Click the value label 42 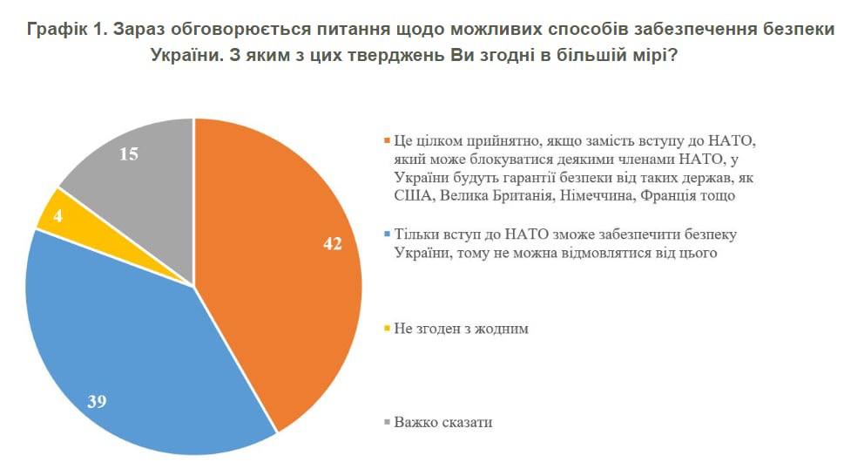pyautogui.click(x=334, y=245)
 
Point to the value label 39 pyautogui.click(x=98, y=402)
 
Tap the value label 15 pyautogui.click(x=129, y=154)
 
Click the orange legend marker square pyautogui.click(x=387, y=141)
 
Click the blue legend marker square pyautogui.click(x=387, y=235)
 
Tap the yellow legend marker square pyautogui.click(x=387, y=329)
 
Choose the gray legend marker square pyautogui.click(x=387, y=423)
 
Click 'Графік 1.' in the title pyautogui.click(x=66, y=30)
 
